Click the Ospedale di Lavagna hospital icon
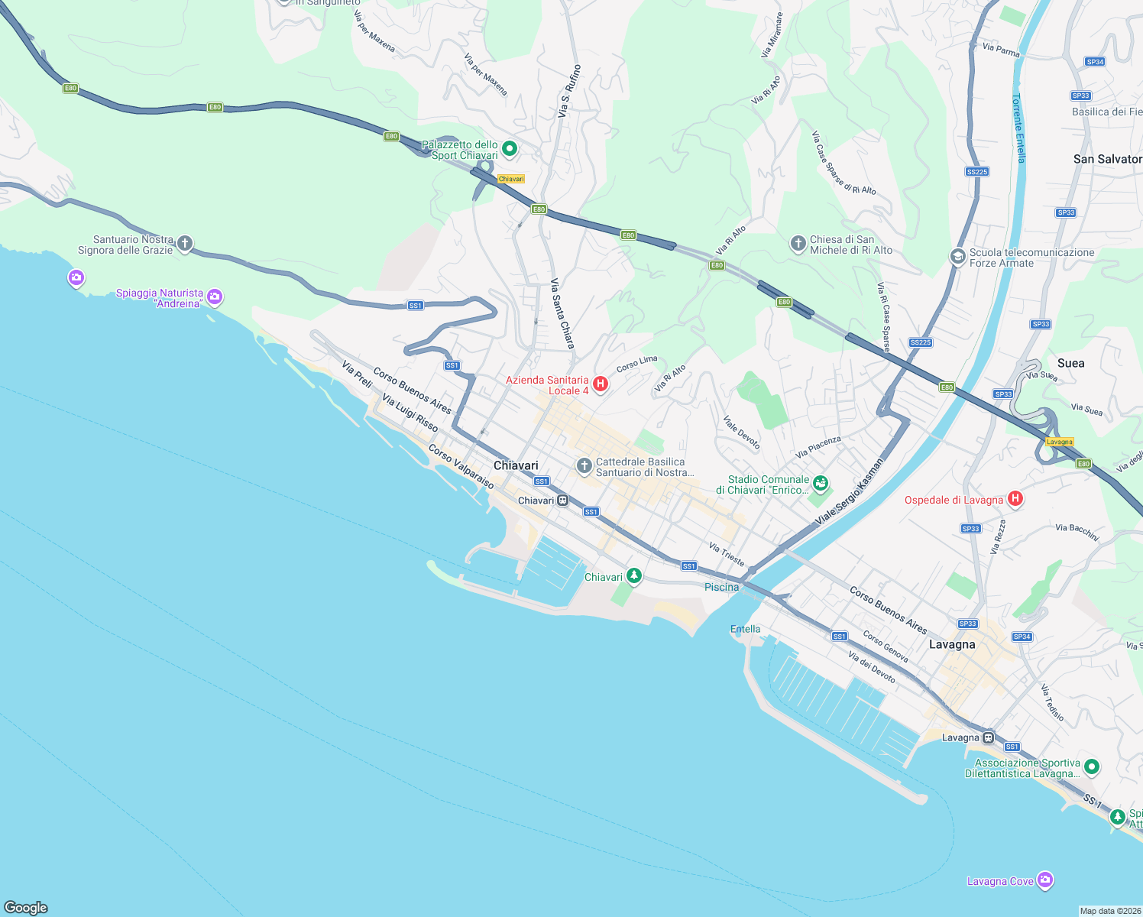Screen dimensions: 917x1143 [x=1015, y=499]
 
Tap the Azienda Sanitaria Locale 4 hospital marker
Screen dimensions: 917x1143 [x=601, y=384]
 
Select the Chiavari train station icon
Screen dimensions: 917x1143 [x=563, y=501]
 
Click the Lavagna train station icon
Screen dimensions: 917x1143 [x=988, y=737]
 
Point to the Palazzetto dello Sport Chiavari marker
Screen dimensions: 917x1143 [x=510, y=149]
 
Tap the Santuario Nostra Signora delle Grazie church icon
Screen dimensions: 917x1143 [x=184, y=244]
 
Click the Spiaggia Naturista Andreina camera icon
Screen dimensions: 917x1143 [x=215, y=296]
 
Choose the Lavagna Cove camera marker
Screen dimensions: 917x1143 [x=1045, y=880]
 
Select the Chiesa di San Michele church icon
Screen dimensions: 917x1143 [x=798, y=244]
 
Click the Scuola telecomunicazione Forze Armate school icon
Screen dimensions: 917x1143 [x=957, y=257]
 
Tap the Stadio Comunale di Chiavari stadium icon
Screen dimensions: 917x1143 [x=821, y=483]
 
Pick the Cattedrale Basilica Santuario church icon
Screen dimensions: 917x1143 [x=584, y=466]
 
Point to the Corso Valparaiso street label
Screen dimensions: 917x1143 [x=461, y=466]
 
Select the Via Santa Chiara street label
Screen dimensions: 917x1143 [x=562, y=313]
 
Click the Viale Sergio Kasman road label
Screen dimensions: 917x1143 [x=849, y=491]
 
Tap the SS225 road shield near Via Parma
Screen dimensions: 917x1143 [x=977, y=172]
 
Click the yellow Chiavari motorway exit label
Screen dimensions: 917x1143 [x=511, y=179]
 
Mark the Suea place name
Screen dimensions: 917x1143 [x=1070, y=363]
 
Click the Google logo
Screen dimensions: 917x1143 [x=26, y=907]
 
